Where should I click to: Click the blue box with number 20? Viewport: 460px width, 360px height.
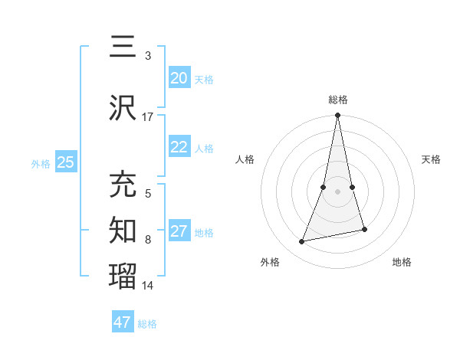(179, 78)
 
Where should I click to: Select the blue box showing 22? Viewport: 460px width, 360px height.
(179, 148)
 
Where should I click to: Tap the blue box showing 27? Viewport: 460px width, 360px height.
(179, 232)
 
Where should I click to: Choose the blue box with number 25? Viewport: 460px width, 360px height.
(65, 162)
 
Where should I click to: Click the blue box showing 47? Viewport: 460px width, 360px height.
(122, 322)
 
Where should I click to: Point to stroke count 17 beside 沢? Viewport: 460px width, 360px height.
(147, 117)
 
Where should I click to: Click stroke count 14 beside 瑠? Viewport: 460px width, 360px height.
(148, 286)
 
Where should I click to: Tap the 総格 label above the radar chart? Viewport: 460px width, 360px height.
(338, 100)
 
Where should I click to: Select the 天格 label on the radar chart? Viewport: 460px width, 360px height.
(432, 159)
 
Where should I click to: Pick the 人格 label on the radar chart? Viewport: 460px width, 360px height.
(245, 159)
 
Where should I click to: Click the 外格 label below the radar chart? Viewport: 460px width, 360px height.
(270, 262)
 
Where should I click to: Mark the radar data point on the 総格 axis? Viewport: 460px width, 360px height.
(338, 116)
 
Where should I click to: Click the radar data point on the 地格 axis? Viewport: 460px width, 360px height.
(364, 229)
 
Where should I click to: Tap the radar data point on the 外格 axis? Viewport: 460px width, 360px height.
(302, 241)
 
